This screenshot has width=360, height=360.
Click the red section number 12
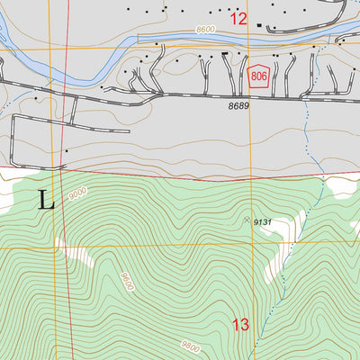pyautogui.click(x=238, y=17)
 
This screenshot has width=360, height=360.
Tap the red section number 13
pyautogui.click(x=240, y=325)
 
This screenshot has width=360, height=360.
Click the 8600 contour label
pyautogui.click(x=205, y=30)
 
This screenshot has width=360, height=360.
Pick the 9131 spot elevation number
pyautogui.click(x=262, y=220)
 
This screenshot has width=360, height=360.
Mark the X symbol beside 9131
pyautogui.click(x=247, y=219)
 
